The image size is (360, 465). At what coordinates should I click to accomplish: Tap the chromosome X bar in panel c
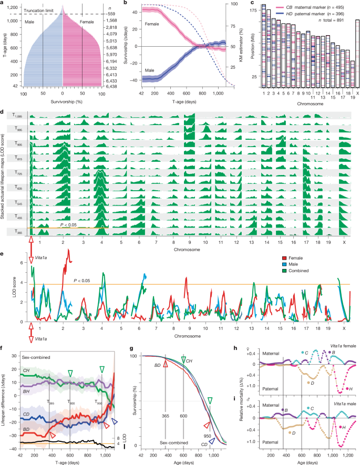[358, 53]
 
